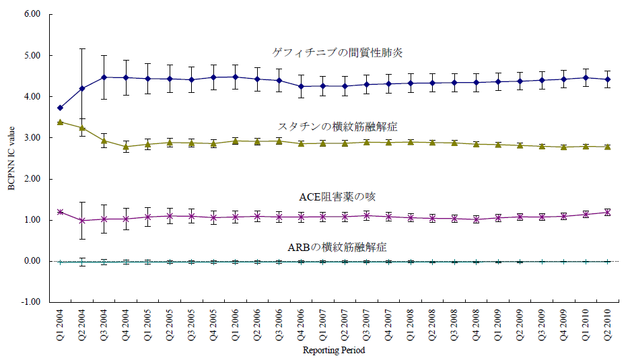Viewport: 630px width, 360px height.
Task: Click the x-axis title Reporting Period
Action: (334, 350)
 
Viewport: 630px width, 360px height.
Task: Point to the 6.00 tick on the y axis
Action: (32, 14)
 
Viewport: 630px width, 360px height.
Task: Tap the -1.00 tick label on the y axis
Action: (32, 302)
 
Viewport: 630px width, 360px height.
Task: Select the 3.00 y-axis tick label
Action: (32, 138)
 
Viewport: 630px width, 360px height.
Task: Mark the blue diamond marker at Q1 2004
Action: (61, 108)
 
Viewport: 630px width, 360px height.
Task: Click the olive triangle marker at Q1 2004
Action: (61, 122)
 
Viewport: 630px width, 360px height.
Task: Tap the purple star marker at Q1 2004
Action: (61, 212)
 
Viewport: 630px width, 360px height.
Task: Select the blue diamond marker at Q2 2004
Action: (82, 89)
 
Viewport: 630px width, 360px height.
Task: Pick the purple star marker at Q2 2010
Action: (608, 212)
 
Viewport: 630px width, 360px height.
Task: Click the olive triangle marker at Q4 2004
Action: (126, 147)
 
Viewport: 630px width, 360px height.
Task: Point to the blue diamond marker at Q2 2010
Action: (608, 79)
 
